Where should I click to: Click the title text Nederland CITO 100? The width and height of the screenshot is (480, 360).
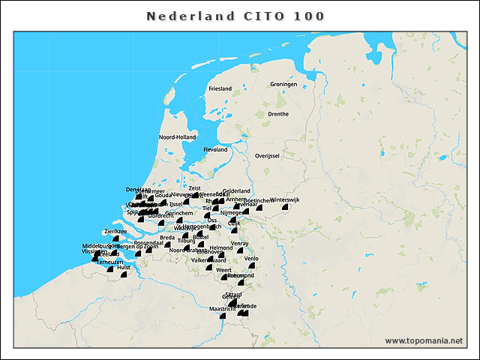pyautogui.click(x=235, y=16)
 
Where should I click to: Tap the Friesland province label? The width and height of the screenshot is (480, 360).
pyautogui.click(x=220, y=88)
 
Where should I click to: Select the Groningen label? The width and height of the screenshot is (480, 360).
pyautogui.click(x=284, y=84)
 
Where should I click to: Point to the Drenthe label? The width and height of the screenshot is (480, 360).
pyautogui.click(x=278, y=114)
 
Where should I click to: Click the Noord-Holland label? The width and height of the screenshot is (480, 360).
pyautogui.click(x=177, y=137)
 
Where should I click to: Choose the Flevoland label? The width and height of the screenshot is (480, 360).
pyautogui.click(x=215, y=149)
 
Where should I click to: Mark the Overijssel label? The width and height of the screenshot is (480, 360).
pyautogui.click(x=267, y=155)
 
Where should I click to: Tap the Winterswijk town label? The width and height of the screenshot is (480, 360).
pyautogui.click(x=285, y=200)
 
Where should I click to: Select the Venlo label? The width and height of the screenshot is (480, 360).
pyautogui.click(x=250, y=258)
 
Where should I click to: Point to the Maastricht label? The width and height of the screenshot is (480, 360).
pyautogui.click(x=222, y=308)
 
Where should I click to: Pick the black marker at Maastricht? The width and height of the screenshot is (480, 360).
pyautogui.click(x=222, y=316)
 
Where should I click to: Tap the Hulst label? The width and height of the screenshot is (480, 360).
pyautogui.click(x=124, y=266)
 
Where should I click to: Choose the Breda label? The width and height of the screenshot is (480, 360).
pyautogui.click(x=167, y=237)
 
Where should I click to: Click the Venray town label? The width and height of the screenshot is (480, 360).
pyautogui.click(x=240, y=243)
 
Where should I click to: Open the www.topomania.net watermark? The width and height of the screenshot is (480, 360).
pyautogui.click(x=424, y=340)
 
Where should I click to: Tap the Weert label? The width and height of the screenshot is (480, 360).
pyautogui.click(x=223, y=269)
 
